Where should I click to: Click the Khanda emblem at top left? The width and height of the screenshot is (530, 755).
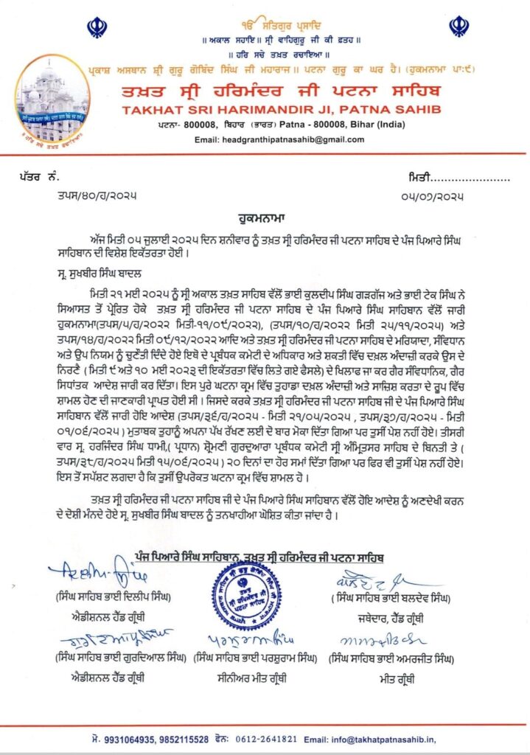pyautogui.click(x=95, y=29)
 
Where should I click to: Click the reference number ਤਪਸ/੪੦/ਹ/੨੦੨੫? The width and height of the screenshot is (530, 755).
pyautogui.click(x=96, y=195)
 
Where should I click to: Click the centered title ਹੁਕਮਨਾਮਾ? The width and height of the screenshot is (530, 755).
pyautogui.click(x=265, y=219)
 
